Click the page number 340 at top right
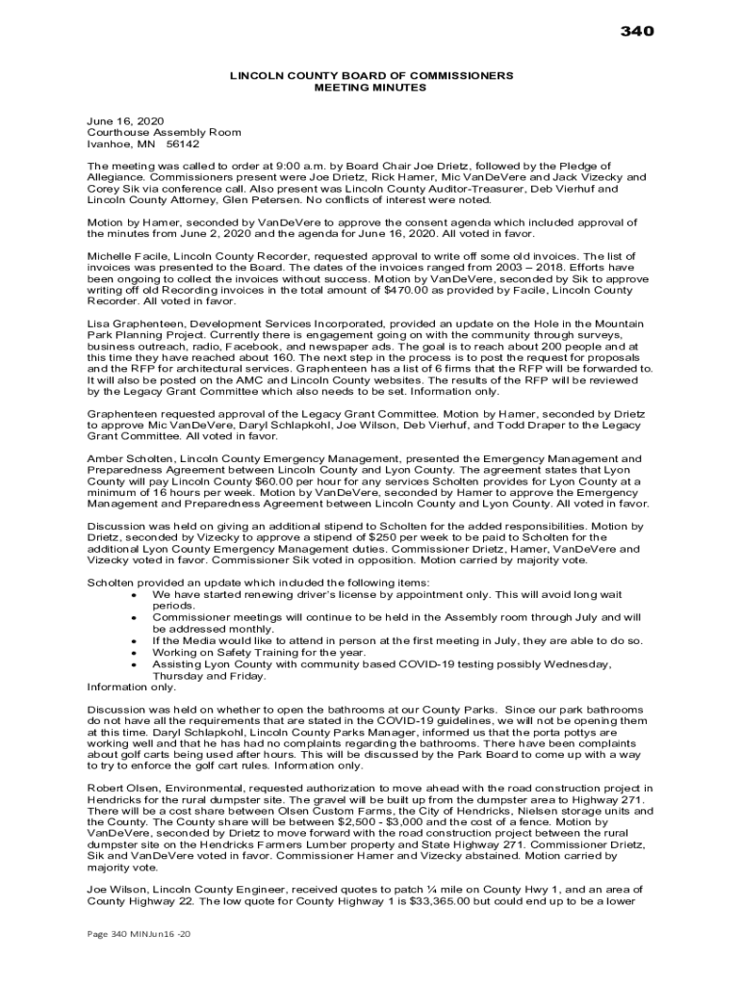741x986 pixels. click(x=636, y=32)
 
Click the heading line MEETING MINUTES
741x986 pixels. click(x=370, y=88)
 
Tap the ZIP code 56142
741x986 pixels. click(x=183, y=143)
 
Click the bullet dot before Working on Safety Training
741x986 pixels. click(x=132, y=653)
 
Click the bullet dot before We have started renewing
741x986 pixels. click(x=132, y=595)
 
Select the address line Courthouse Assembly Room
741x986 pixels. click(x=164, y=132)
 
